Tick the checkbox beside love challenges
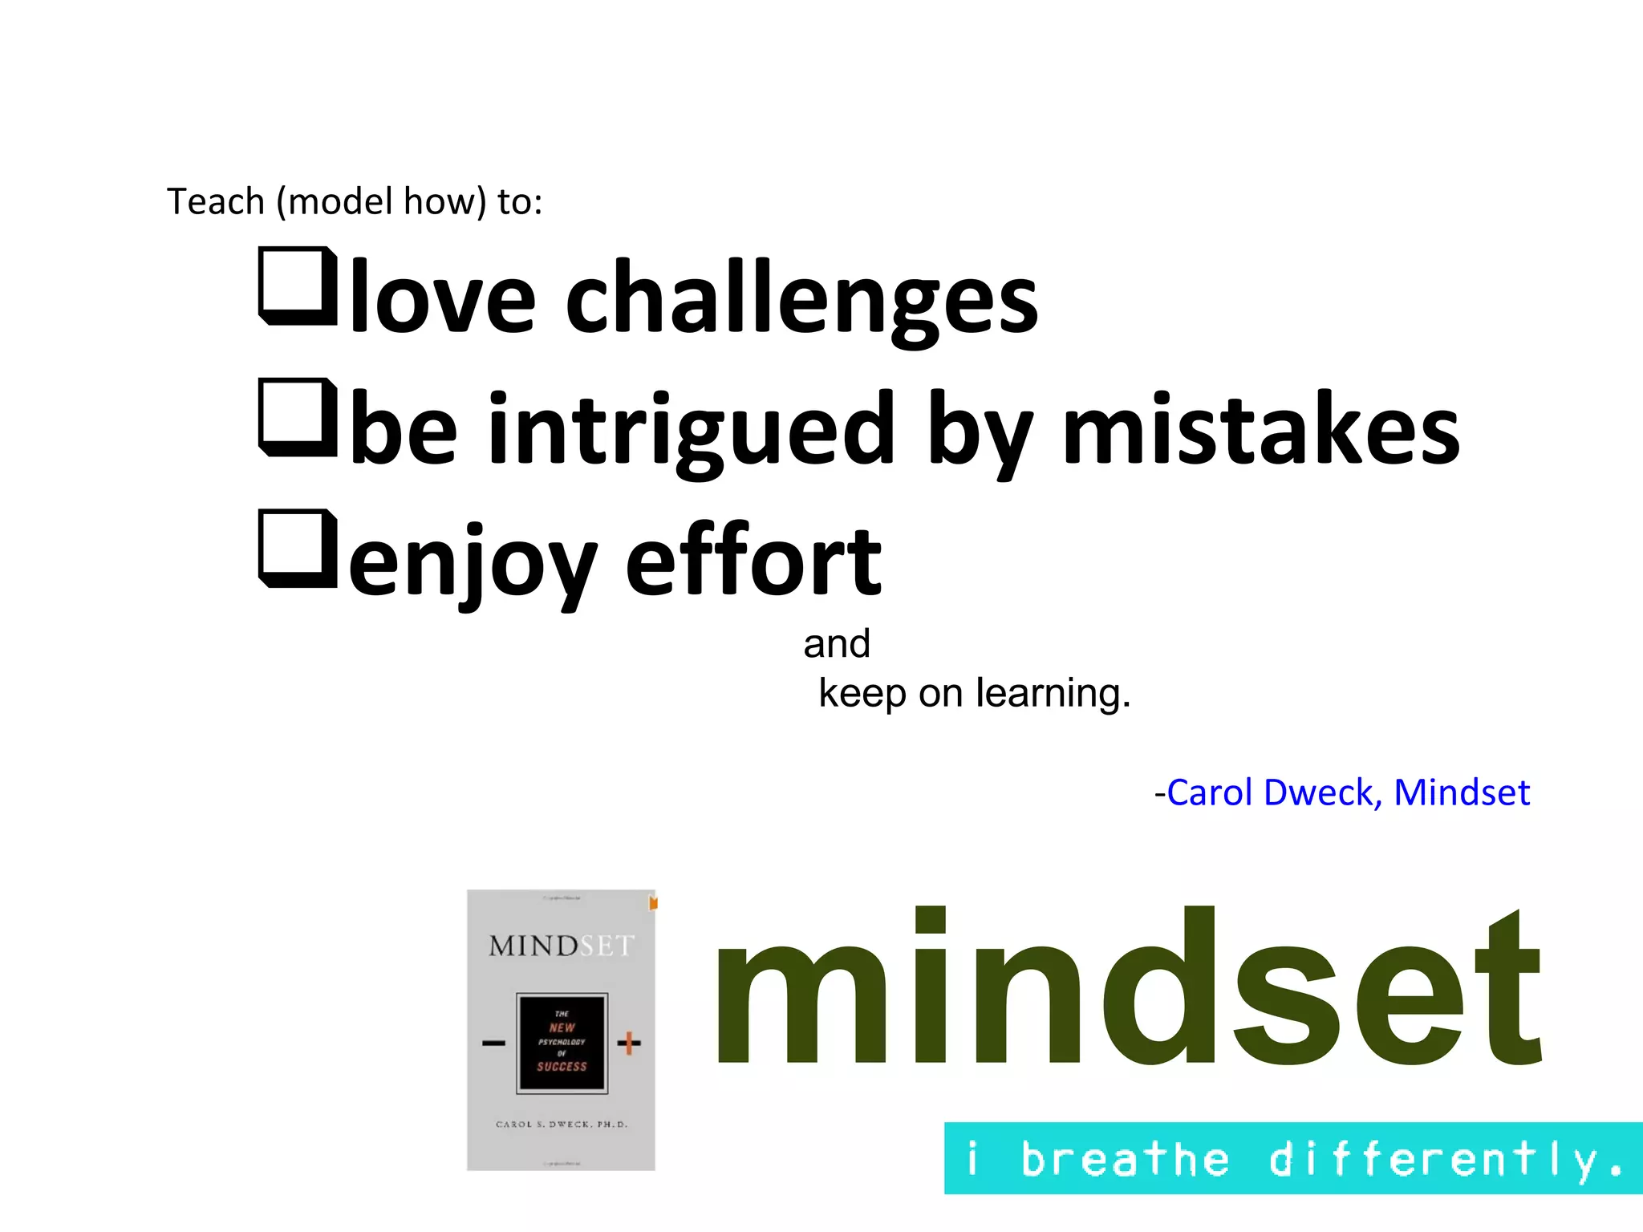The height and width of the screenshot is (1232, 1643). tap(297, 286)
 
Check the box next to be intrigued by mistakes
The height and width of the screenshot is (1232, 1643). tap(297, 417)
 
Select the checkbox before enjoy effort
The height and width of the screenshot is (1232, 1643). tap(297, 548)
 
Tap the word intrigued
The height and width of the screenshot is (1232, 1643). tap(691, 429)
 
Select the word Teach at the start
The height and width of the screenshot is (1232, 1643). tap(215, 201)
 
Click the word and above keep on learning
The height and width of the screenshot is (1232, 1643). tap(837, 644)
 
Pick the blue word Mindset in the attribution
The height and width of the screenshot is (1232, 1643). tap(1462, 792)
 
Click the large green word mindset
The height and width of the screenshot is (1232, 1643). tap(1127, 988)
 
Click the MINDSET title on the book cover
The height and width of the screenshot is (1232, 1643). tap(561, 946)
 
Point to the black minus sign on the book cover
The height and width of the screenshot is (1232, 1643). tap(493, 1043)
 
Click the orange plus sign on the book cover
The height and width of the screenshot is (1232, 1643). tap(629, 1043)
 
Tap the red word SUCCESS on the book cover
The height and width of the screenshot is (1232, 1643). tap(562, 1067)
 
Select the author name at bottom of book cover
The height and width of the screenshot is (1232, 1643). tap(562, 1125)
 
